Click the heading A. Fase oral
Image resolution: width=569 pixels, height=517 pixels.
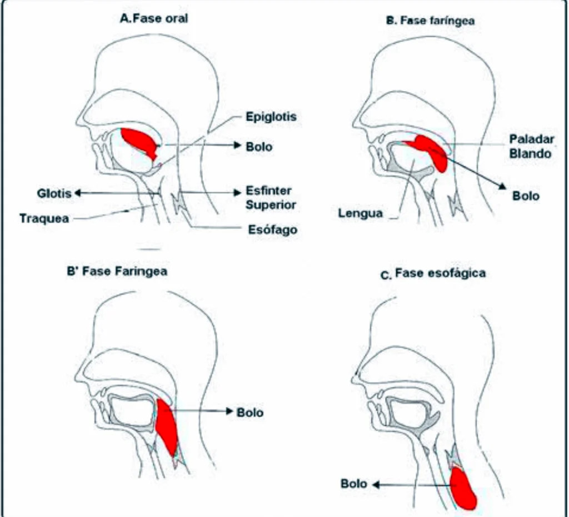pyautogui.click(x=154, y=18)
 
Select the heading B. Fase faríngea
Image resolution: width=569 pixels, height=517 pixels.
pyautogui.click(x=431, y=21)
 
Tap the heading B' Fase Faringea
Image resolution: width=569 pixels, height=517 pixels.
pyautogui.click(x=117, y=271)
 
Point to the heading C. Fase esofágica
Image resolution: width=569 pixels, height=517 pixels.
pyautogui.click(x=433, y=274)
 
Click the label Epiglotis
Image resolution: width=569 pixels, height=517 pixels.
pyautogui.click(x=271, y=117)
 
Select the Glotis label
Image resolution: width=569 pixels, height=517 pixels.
pyautogui.click(x=54, y=193)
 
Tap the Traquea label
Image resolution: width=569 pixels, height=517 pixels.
pyautogui.click(x=44, y=219)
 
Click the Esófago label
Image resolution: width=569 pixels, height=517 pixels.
pyautogui.click(x=272, y=229)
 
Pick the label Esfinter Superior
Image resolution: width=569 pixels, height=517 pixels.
pyautogui.click(x=271, y=198)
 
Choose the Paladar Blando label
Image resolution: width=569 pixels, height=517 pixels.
pyautogui.click(x=532, y=146)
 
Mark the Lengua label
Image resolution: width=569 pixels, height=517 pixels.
pyautogui.click(x=360, y=213)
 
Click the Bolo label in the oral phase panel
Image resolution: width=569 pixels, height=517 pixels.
pyautogui.click(x=259, y=147)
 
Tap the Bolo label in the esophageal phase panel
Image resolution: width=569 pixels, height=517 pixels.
pyautogui.click(x=354, y=484)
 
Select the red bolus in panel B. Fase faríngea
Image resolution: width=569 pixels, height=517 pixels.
pyautogui.click(x=430, y=150)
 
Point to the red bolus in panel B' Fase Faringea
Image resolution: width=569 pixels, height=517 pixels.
pyautogui.click(x=167, y=426)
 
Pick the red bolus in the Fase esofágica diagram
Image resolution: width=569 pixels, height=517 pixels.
pyautogui.click(x=463, y=489)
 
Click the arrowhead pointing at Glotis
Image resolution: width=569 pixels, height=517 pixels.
pyautogui.click(x=77, y=193)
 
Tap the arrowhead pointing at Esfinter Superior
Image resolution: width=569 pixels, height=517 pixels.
pyautogui.click(x=238, y=192)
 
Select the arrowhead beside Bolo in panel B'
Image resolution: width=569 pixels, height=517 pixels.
pyautogui.click(x=229, y=411)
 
